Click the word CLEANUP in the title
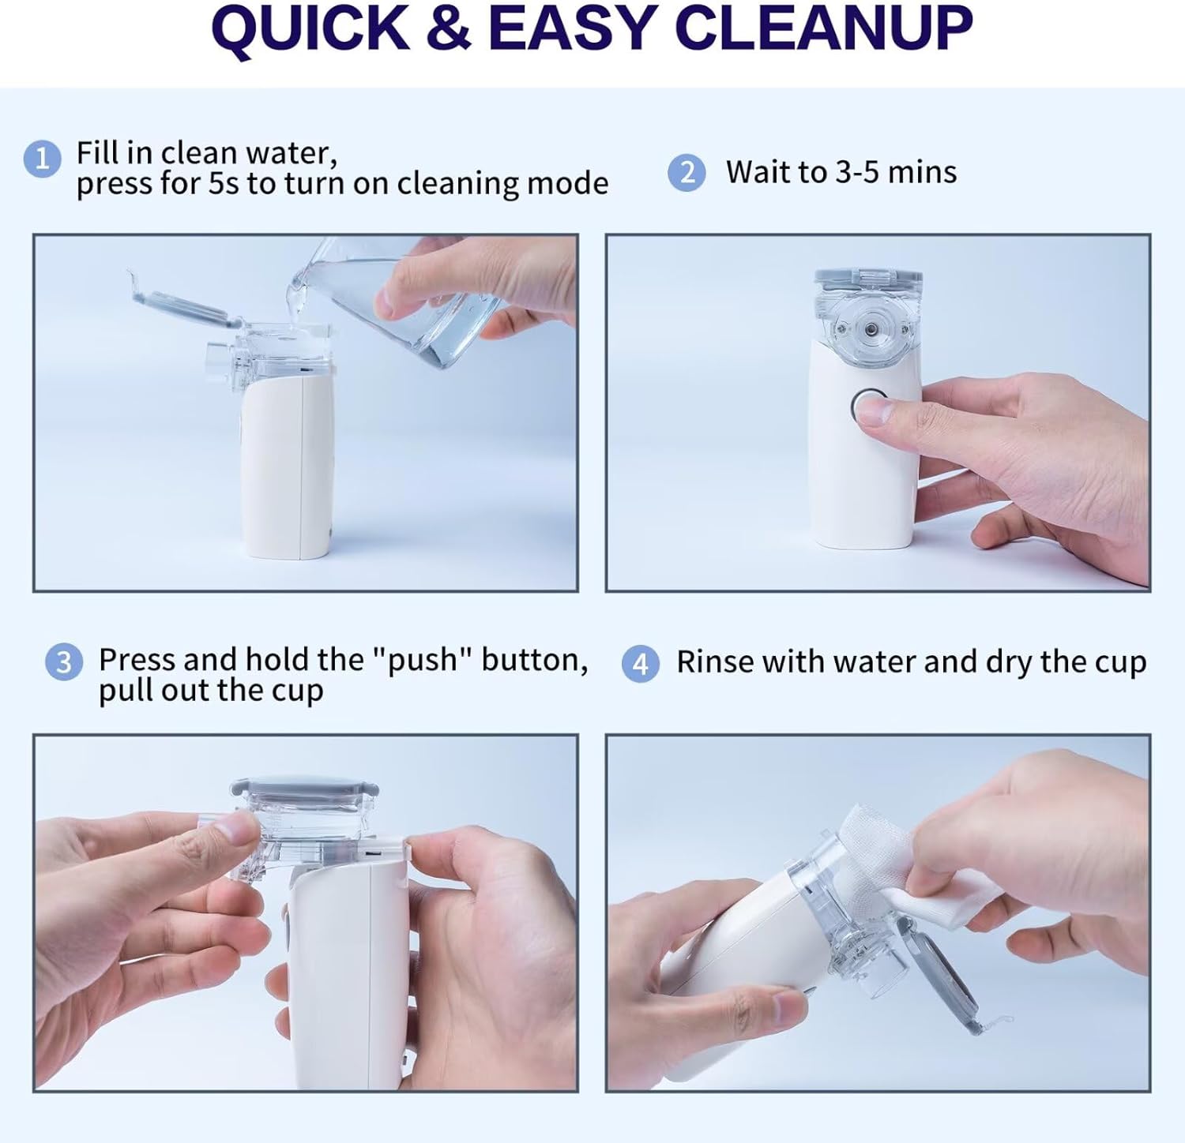tap(824, 28)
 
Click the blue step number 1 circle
tap(42, 159)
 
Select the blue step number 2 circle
tap(687, 172)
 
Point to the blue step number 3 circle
tap(64, 661)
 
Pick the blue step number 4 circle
tap(640, 664)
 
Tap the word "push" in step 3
tap(422, 659)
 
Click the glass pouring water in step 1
tap(419, 308)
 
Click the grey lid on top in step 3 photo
tap(304, 790)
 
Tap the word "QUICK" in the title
tap(310, 28)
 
